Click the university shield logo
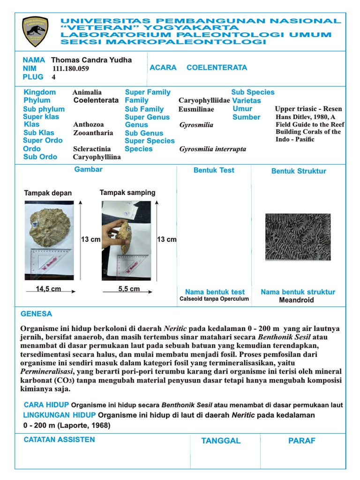click(x=35, y=31)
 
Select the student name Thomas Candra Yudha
click(x=91, y=60)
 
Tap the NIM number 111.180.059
click(x=71, y=68)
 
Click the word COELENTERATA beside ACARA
click(x=217, y=67)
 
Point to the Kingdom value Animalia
click(x=87, y=92)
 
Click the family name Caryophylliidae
click(x=204, y=100)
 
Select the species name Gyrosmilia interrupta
click(x=212, y=149)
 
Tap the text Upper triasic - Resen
click(x=308, y=109)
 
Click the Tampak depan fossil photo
click(x=49, y=240)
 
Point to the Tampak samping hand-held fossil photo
click(x=127, y=240)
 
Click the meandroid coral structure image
click(x=298, y=237)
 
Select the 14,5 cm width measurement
click(x=48, y=289)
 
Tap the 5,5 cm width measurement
click(x=129, y=289)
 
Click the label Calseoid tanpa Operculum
click(x=214, y=299)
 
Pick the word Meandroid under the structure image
click(x=296, y=300)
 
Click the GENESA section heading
click(x=37, y=314)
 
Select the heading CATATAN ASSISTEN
click(x=59, y=440)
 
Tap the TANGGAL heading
click(x=221, y=441)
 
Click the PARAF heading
click(x=302, y=441)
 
